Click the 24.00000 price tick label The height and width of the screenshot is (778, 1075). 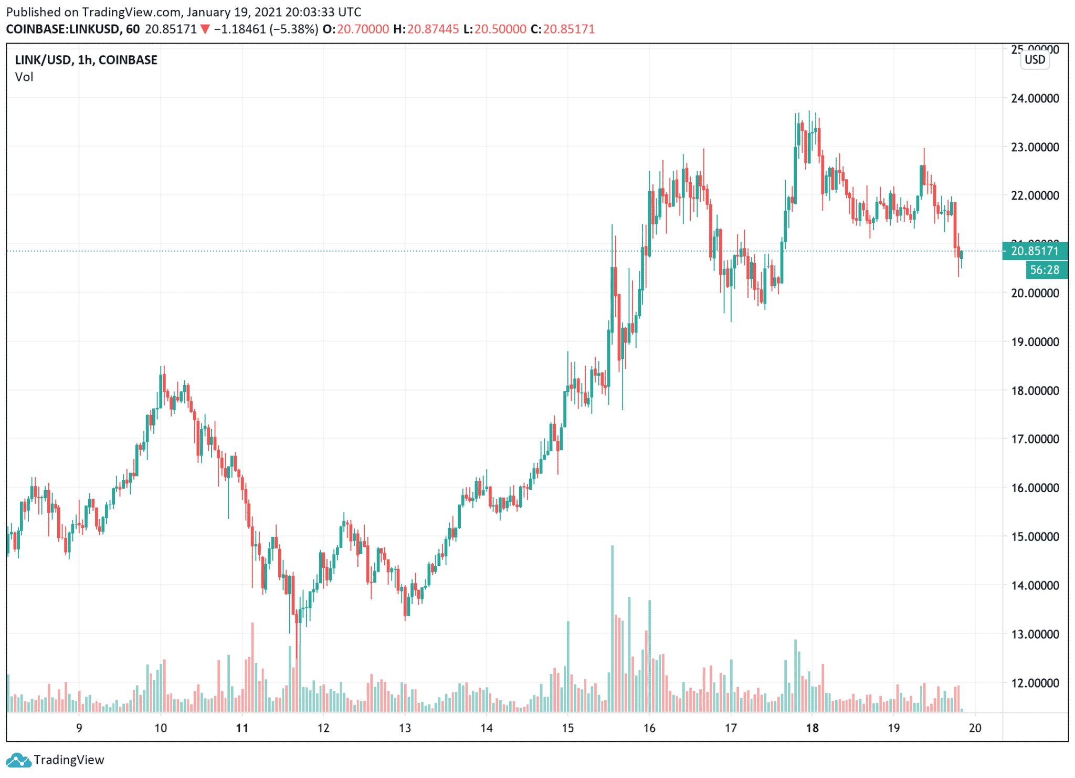(x=1035, y=98)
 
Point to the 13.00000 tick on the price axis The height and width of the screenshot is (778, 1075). (x=1035, y=634)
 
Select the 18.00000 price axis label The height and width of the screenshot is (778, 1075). (x=1035, y=390)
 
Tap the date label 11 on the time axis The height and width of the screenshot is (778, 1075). (x=242, y=728)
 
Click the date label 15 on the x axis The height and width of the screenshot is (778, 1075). (x=568, y=728)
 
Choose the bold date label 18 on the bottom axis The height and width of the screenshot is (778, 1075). (x=812, y=728)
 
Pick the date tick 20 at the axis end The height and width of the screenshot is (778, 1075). (x=975, y=728)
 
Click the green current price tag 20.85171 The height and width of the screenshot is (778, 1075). (x=1035, y=251)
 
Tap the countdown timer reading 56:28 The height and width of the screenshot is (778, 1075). (x=1045, y=270)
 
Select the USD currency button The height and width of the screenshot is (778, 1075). (x=1035, y=59)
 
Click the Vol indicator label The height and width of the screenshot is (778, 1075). (x=24, y=77)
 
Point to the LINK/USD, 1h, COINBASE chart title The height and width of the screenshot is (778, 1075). (x=86, y=60)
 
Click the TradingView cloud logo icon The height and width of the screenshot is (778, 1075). (x=18, y=760)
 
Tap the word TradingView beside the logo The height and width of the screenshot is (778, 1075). (x=69, y=760)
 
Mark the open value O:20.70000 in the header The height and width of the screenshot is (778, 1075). (x=356, y=29)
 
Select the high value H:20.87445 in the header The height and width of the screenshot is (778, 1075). (x=426, y=29)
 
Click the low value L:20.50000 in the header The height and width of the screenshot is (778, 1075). (x=494, y=29)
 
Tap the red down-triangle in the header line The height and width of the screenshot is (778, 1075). (x=205, y=29)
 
